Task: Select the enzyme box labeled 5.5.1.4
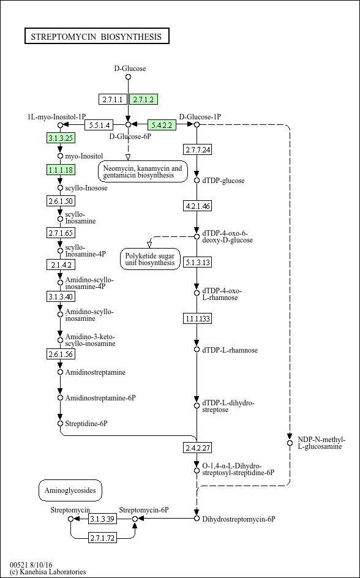pos(99,125)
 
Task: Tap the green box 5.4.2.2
pos(162,125)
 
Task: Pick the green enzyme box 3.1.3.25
pos(61,138)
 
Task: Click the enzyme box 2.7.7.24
pos(198,150)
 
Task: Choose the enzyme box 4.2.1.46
pos(198,206)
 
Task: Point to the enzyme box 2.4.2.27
pos(198,448)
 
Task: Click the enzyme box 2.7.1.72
pos(102,538)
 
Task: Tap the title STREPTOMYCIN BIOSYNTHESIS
pos(97,36)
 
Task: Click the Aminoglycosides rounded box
pos(70,490)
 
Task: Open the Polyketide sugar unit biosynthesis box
pos(151,259)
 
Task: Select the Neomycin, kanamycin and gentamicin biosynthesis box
pos(143,171)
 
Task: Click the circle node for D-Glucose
pos(128,77)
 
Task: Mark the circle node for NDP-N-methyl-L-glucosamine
pos(290,443)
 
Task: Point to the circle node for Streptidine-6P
pos(61,424)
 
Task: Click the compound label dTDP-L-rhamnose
pos(230,350)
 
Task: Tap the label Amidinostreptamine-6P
pos(100,398)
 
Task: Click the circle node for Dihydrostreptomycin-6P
pos(197,519)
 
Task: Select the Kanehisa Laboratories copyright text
pos(48,572)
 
